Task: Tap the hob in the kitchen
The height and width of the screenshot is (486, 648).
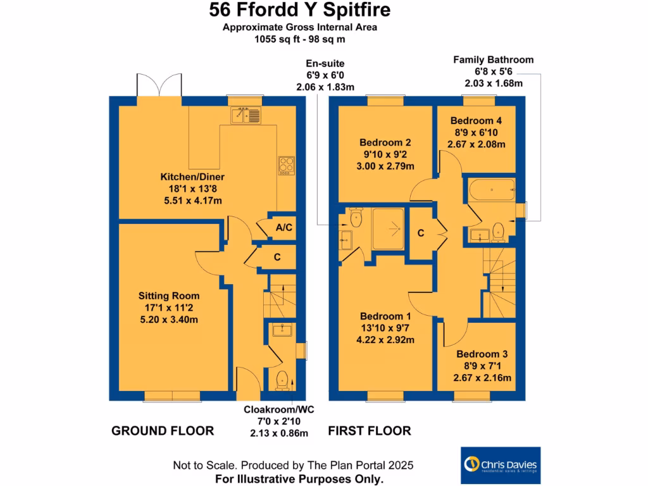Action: point(286,165)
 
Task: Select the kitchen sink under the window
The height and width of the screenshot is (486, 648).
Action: point(245,115)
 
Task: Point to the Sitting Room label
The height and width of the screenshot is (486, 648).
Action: point(169,296)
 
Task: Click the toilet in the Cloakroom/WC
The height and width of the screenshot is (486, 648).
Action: point(282,380)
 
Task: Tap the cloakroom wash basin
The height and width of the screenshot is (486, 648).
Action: point(280,329)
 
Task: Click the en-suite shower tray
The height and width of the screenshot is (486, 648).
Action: point(388,226)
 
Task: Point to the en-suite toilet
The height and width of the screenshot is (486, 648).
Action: point(355,218)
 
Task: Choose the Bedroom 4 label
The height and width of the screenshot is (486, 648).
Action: point(477,121)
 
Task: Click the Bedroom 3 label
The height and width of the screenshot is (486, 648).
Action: point(482,355)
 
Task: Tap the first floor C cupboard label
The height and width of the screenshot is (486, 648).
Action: point(420,232)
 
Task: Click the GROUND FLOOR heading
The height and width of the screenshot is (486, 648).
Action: point(163,431)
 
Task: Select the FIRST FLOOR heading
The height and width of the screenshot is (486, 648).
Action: point(370,431)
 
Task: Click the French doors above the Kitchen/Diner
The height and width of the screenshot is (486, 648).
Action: point(159,85)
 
